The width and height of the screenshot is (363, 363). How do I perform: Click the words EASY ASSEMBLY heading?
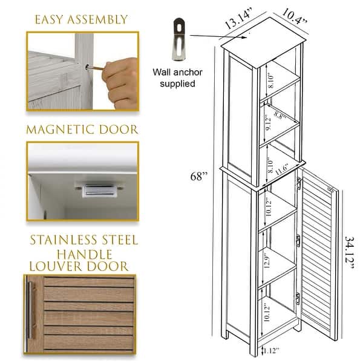point(80,19)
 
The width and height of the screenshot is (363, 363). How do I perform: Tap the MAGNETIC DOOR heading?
point(81,129)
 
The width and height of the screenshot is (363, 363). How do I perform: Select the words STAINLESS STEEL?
point(84,240)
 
